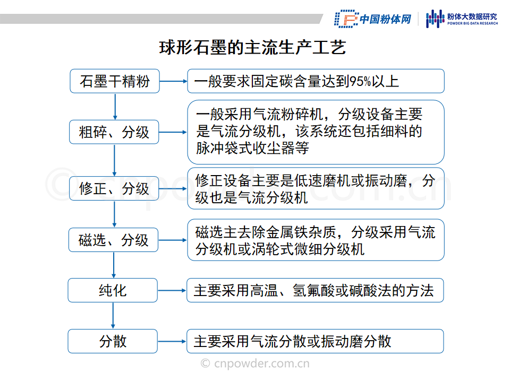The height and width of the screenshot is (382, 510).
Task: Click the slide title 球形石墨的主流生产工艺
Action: click(252, 47)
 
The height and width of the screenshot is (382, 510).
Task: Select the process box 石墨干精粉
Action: click(115, 81)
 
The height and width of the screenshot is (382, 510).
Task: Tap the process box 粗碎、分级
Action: click(114, 132)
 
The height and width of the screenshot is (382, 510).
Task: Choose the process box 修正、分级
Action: click(114, 188)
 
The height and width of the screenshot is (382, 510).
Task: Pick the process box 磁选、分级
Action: click(114, 240)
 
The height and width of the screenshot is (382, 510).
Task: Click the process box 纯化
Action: click(113, 290)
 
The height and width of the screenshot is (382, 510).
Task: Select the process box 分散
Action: click(113, 341)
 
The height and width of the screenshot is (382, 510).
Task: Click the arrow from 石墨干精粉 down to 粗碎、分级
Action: click(115, 107)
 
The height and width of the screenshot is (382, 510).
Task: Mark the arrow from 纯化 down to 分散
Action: click(113, 316)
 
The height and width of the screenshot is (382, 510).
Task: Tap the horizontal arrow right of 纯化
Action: click(172, 290)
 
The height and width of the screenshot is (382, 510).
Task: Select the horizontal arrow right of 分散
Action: click(172, 341)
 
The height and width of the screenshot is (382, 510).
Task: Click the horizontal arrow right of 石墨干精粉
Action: click(173, 81)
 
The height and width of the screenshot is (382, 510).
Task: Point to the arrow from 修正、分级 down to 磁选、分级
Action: click(114, 214)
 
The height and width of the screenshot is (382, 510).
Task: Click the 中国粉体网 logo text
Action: click(386, 19)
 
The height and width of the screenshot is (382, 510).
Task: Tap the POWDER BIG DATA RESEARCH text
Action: click(473, 23)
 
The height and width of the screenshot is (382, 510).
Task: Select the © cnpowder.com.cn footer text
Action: click(255, 363)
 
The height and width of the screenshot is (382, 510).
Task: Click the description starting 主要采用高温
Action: click(313, 290)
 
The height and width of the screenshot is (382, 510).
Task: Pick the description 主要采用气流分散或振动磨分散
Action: click(292, 341)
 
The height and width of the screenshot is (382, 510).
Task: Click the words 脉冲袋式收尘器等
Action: click(252, 148)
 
